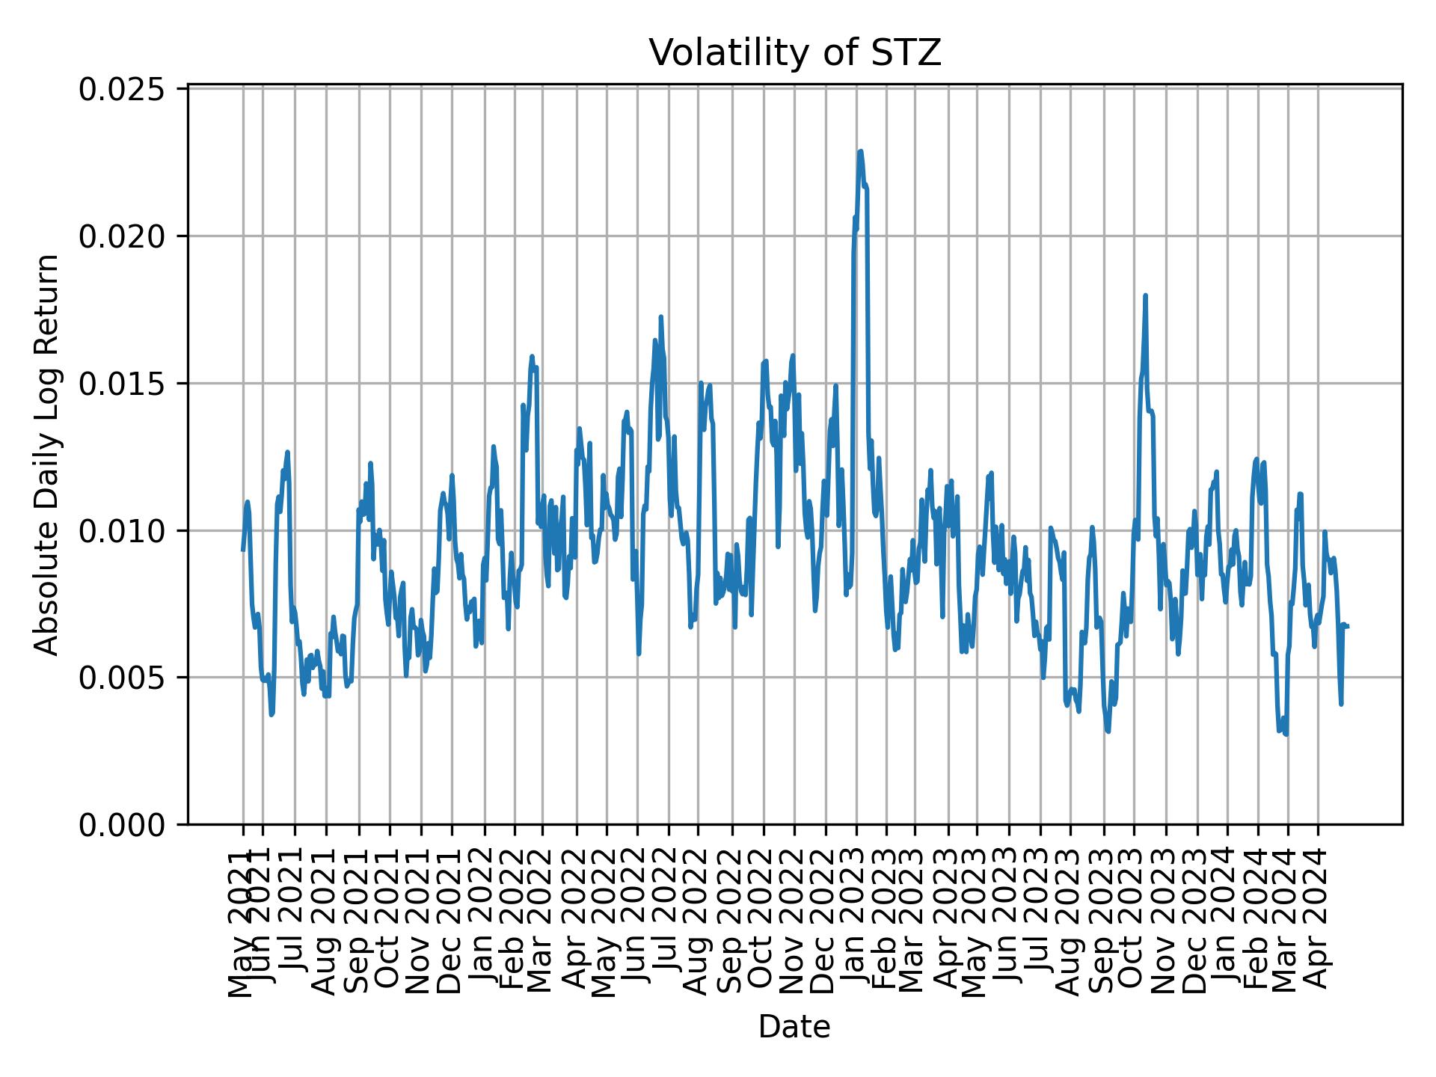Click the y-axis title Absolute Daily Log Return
click(x=48, y=455)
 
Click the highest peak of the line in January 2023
click(x=861, y=151)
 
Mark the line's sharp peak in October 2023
click(x=1145, y=295)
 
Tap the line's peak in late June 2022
click(x=660, y=317)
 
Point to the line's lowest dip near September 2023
click(x=1108, y=731)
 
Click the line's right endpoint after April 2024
click(x=1348, y=626)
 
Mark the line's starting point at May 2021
click(x=243, y=550)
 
